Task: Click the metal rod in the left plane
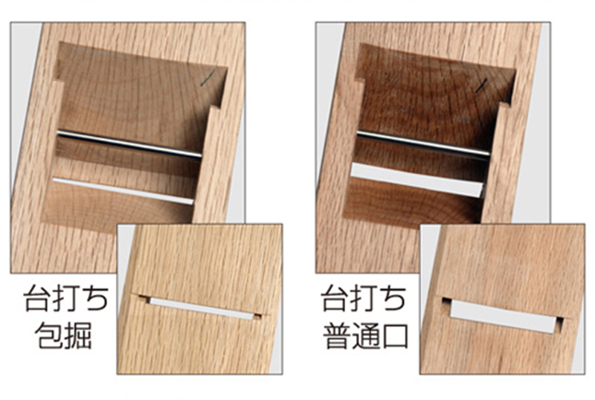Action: (129, 143)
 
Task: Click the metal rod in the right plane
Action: (423, 143)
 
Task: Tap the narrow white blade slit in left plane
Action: (123, 191)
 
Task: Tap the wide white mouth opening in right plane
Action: (417, 180)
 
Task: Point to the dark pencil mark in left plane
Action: (208, 78)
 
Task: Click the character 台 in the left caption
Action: (38, 298)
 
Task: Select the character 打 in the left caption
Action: (66, 298)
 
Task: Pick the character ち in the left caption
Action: (95, 299)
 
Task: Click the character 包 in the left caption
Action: (49, 335)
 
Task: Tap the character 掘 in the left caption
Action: (78, 335)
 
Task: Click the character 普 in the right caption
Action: (337, 335)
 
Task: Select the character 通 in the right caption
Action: (365, 335)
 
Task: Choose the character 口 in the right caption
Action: (395, 336)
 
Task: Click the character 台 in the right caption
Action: (335, 298)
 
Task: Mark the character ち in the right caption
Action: (393, 299)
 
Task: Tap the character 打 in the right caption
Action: (364, 298)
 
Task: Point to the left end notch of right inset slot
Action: (447, 302)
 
